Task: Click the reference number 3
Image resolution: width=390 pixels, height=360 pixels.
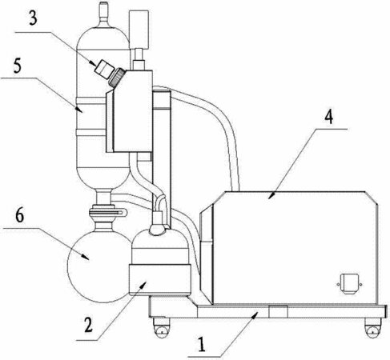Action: click(x=33, y=18)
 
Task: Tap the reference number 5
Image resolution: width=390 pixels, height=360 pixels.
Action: click(x=18, y=66)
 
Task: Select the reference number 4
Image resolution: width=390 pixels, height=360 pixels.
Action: click(x=329, y=117)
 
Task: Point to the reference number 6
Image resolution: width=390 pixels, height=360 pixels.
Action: click(x=20, y=215)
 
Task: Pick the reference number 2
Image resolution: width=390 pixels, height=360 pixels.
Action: click(x=89, y=325)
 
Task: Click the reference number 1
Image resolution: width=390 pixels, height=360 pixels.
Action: click(x=202, y=345)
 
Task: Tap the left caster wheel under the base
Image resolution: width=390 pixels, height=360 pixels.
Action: click(x=161, y=329)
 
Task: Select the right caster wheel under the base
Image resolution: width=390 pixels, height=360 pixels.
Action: click(x=373, y=329)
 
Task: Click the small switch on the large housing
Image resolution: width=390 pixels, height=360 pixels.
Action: click(x=350, y=284)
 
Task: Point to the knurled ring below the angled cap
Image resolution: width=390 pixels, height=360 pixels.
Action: click(x=117, y=78)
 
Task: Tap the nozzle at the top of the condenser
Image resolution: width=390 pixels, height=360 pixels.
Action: click(x=103, y=13)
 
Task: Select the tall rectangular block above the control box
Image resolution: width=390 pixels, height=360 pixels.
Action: click(x=139, y=30)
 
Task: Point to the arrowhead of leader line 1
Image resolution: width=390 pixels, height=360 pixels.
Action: click(x=254, y=314)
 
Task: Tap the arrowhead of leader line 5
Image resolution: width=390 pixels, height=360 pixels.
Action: click(x=79, y=109)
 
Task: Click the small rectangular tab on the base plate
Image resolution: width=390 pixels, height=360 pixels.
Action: click(x=278, y=311)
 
